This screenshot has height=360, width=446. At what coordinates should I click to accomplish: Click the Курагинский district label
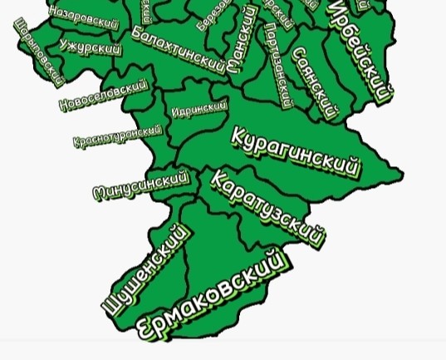296,152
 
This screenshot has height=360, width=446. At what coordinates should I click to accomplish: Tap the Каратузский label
267,208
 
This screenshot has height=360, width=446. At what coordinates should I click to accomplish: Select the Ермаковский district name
211,296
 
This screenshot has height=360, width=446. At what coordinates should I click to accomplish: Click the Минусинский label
141,185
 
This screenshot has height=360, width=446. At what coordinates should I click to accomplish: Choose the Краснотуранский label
117,136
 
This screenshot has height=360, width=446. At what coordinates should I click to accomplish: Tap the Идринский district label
199,110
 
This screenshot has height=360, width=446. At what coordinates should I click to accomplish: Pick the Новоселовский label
104,95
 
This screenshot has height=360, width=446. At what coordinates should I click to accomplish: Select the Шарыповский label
39,52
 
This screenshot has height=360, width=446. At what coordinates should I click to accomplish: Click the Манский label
243,38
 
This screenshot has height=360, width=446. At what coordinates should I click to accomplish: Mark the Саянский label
316,81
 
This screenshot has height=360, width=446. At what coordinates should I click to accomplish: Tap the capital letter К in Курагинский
240,136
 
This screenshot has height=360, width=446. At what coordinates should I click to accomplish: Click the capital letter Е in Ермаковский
145,328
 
